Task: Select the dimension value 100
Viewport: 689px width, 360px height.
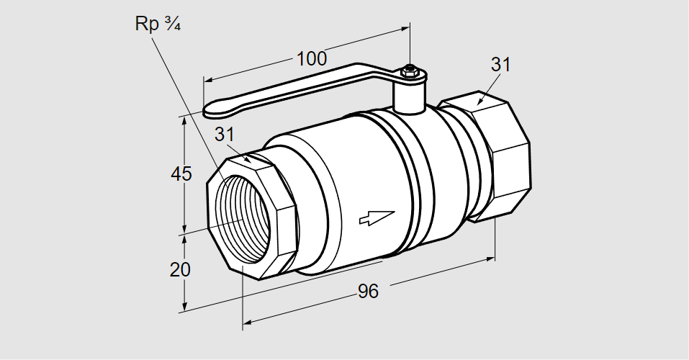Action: pyautogui.click(x=311, y=59)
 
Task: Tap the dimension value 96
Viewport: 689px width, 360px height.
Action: pyautogui.click(x=368, y=292)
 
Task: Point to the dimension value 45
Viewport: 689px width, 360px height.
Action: pyautogui.click(x=180, y=174)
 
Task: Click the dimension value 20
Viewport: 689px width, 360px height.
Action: pyautogui.click(x=180, y=270)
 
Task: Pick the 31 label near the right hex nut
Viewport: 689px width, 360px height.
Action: pyautogui.click(x=500, y=64)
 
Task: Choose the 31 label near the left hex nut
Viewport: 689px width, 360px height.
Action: pyautogui.click(x=225, y=135)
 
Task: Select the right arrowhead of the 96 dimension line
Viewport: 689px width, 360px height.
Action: pyautogui.click(x=492, y=256)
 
